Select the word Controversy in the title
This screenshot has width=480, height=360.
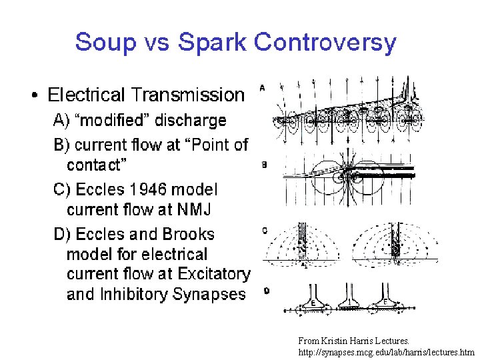click(x=325, y=43)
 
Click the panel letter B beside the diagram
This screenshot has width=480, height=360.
click(x=265, y=165)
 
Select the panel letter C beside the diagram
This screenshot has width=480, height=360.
click(x=265, y=231)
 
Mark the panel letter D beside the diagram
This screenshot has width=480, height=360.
click(x=267, y=291)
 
